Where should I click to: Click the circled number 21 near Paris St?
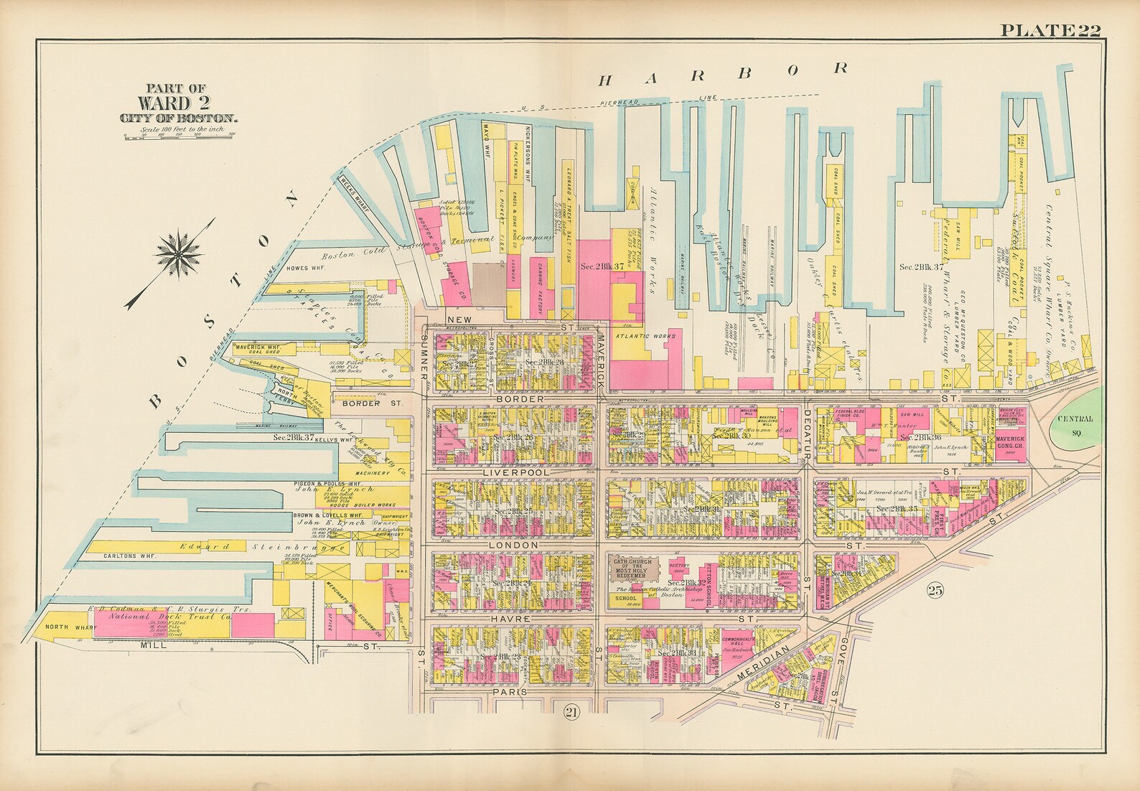[571, 711]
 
